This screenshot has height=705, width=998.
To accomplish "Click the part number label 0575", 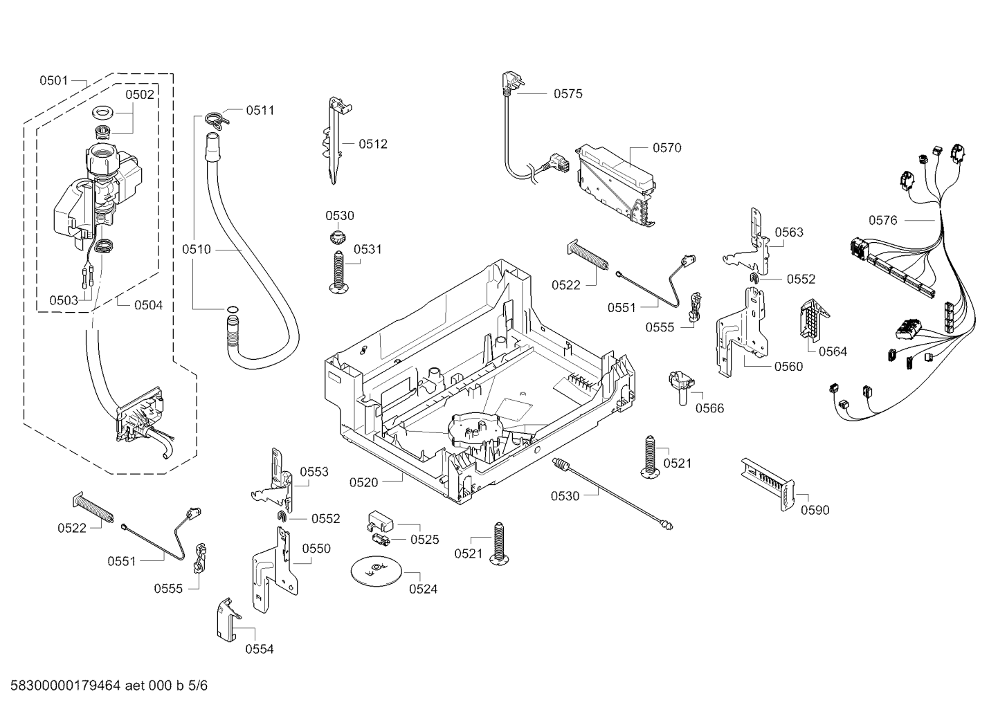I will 568,94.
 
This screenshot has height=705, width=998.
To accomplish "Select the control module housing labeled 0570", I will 615,183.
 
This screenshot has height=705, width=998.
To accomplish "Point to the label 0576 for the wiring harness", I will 882,220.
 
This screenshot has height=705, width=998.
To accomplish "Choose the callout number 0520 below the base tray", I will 363,482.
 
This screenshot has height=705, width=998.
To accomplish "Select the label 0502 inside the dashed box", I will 139,95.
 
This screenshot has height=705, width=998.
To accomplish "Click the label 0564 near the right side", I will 833,351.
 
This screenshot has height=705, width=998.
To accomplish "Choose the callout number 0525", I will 424,540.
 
